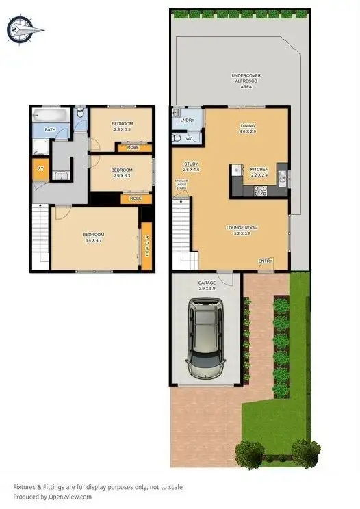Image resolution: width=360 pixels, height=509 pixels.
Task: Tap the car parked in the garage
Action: [206, 339]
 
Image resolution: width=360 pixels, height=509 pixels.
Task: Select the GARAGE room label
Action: [206, 282]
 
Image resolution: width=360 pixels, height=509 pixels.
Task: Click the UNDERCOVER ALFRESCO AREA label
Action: [246, 79]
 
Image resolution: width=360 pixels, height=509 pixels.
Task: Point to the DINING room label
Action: [247, 125]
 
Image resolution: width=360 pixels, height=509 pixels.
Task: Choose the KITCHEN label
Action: [259, 169]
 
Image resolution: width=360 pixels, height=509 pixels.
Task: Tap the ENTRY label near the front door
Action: [266, 261]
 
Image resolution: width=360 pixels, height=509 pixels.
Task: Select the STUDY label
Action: [191, 164]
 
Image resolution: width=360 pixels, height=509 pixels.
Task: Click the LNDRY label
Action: [188, 120]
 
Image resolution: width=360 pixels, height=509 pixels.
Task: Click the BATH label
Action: [50, 129]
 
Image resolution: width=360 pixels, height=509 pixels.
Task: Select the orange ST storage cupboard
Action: [40, 168]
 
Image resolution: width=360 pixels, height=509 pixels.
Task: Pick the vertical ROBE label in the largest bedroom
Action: [146, 244]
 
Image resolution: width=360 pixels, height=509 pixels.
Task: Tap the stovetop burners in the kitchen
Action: [260, 191]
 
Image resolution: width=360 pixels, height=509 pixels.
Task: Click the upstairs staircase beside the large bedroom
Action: [40, 239]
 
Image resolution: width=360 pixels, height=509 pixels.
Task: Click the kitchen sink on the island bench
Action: [236, 169]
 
